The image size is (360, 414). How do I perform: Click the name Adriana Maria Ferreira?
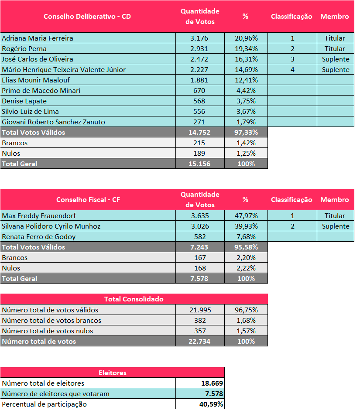coord(38,38)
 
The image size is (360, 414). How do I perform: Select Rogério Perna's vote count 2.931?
coord(200,48)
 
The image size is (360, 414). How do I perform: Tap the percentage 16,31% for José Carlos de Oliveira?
coord(246,59)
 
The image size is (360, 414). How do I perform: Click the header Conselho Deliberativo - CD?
coord(87,16)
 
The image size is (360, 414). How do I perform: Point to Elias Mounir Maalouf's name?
coord(36,80)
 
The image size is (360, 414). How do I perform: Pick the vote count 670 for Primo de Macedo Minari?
coord(200,90)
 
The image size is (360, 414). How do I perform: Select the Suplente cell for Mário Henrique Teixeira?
coord(336,69)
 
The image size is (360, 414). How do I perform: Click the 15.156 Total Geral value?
coord(200,164)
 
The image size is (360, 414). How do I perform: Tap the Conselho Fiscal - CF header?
coord(88,199)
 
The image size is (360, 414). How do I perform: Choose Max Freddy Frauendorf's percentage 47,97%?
coord(246,216)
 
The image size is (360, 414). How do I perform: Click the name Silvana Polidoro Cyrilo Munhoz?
coord(51,226)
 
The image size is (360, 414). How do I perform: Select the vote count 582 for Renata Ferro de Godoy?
coord(200,236)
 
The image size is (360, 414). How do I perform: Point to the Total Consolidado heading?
coord(134,299)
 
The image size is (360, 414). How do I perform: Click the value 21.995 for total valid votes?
coord(200,310)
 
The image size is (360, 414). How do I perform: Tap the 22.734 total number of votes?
coord(200,341)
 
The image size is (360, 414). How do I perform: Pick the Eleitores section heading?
coord(112,373)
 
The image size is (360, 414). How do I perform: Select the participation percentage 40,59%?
coord(209,404)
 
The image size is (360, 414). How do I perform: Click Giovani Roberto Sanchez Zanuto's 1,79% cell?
coord(246,122)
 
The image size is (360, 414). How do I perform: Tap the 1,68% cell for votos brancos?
coord(246,320)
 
